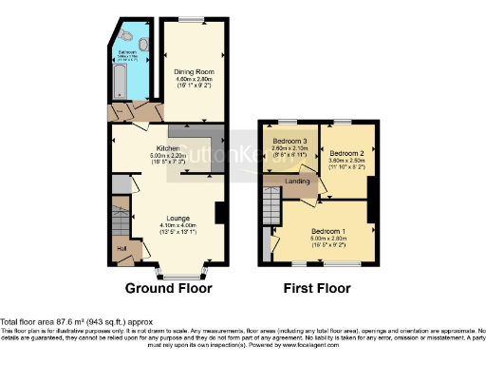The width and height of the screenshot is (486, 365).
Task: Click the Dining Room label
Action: (191, 71)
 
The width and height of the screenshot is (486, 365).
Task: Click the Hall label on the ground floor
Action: (121, 249)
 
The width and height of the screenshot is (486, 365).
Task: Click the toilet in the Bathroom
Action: (141, 43)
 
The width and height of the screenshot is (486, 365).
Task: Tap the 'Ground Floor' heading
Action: (167, 287)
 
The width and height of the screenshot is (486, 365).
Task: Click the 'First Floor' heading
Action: (317, 287)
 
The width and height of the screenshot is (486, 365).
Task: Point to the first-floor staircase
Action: (271, 203)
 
